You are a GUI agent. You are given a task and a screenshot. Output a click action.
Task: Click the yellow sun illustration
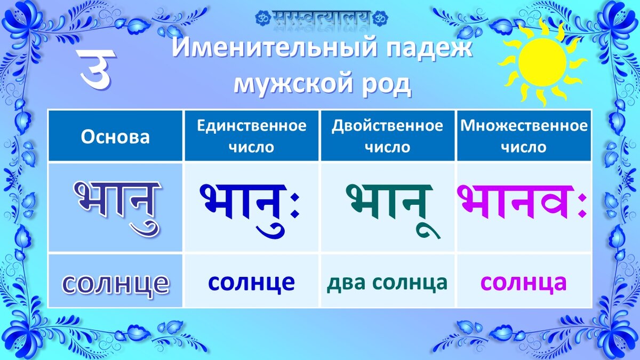click(542, 62)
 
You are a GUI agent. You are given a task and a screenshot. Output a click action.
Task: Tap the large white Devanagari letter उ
click(97, 69)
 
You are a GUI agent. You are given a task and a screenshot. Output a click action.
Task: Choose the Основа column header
click(115, 137)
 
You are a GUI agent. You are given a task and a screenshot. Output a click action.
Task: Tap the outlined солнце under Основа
click(115, 283)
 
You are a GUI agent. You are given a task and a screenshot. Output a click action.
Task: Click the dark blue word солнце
click(251, 282)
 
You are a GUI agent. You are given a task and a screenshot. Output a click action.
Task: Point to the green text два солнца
click(387, 282)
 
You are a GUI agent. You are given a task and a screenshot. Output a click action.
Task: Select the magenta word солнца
click(523, 282)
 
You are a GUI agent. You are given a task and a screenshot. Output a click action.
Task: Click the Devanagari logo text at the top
click(322, 18)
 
